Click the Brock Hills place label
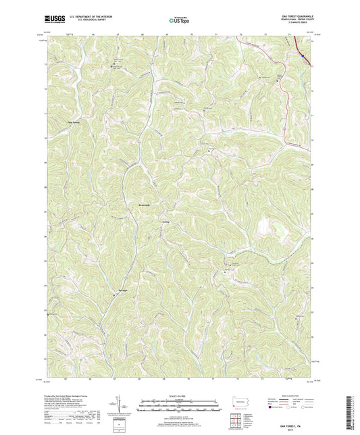(x=145, y=204)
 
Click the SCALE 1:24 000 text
(x=180, y=395)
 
